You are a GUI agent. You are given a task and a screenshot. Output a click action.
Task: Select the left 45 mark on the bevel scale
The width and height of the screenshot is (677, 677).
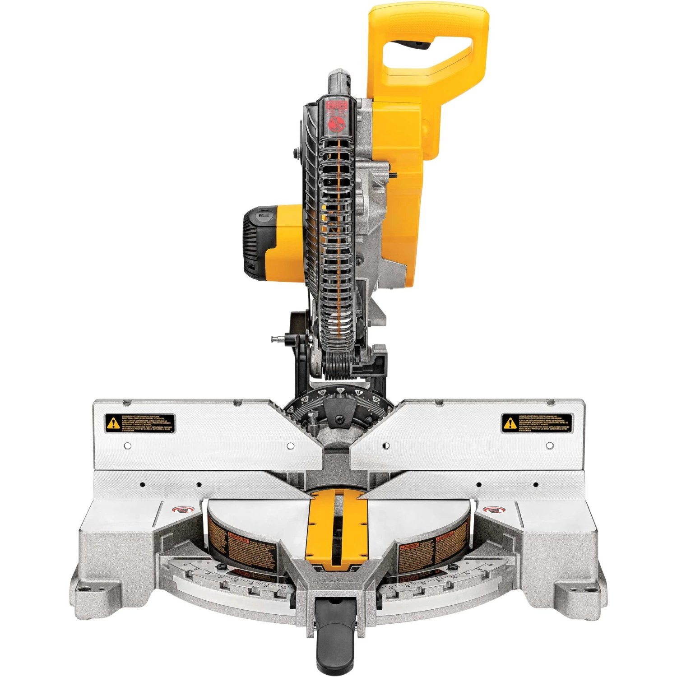coord(291,409)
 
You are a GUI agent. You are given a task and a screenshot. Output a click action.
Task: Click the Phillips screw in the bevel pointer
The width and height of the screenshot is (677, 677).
coord(338,419)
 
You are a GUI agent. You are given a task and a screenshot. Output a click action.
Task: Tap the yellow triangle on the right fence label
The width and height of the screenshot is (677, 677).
coord(510,423)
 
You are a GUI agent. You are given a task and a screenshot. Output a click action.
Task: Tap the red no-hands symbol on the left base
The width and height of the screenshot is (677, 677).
coord(183,510)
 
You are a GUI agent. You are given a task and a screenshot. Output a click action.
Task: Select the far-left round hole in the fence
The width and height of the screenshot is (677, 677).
coord(128,446)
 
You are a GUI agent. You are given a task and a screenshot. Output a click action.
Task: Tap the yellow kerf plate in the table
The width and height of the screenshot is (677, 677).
coord(336,528)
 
